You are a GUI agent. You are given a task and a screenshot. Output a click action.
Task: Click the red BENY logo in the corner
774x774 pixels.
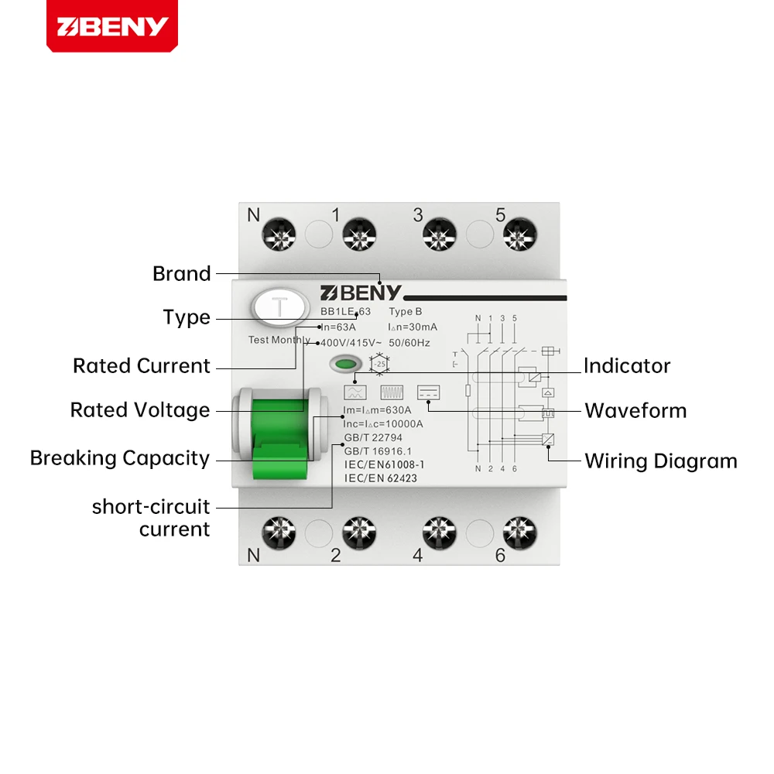111,26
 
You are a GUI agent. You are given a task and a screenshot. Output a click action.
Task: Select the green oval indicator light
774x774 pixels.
346,363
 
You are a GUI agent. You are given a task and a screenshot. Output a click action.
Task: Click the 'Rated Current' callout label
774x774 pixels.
142,366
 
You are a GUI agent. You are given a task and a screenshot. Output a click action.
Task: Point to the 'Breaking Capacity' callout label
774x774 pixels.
120,458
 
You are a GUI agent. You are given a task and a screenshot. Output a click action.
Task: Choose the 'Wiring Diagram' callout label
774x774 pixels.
661,461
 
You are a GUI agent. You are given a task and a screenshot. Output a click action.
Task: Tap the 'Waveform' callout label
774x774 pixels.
635,410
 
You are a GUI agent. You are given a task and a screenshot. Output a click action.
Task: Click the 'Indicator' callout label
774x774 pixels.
627,366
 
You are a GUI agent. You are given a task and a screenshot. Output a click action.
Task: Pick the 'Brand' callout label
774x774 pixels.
182,273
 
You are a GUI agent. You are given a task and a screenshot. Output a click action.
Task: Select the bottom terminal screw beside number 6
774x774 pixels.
519,533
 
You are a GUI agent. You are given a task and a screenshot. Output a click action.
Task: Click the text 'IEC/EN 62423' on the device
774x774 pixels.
380,478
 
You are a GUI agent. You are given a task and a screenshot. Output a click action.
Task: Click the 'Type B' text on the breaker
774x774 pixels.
406,312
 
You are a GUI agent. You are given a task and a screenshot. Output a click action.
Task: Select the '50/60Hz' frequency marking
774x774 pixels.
409,343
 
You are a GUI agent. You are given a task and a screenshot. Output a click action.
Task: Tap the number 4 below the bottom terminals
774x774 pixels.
418,554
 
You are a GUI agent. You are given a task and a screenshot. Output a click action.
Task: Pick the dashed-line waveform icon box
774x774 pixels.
428,392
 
